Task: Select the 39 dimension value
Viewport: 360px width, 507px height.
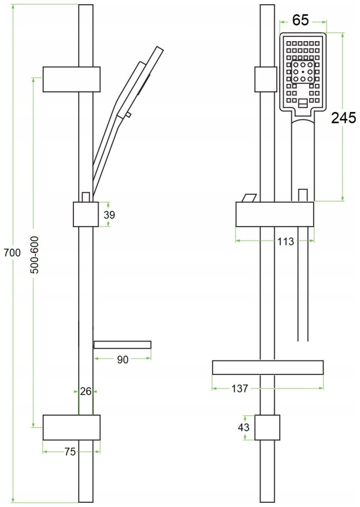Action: click(x=109, y=215)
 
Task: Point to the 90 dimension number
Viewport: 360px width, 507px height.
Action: click(x=122, y=360)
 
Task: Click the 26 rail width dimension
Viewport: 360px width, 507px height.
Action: click(x=86, y=391)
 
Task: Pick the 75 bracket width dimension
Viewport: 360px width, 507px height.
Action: click(x=70, y=452)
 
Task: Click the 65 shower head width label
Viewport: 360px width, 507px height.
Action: click(x=300, y=20)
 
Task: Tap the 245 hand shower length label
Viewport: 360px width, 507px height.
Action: click(x=344, y=118)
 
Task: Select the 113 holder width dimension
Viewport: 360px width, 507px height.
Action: click(x=286, y=241)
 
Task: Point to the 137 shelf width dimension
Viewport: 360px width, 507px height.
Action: click(x=240, y=388)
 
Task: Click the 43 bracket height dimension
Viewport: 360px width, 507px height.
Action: click(x=243, y=427)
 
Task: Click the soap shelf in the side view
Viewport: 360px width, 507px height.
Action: click(x=122, y=345)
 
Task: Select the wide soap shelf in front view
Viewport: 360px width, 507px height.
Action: click(x=268, y=368)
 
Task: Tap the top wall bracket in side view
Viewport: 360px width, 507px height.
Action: click(x=71, y=79)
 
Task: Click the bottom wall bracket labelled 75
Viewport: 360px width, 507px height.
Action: click(x=71, y=427)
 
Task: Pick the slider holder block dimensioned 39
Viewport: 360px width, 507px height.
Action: click(x=86, y=214)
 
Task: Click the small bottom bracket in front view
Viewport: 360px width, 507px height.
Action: click(x=267, y=427)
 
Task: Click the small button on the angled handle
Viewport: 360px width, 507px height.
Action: click(x=128, y=114)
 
